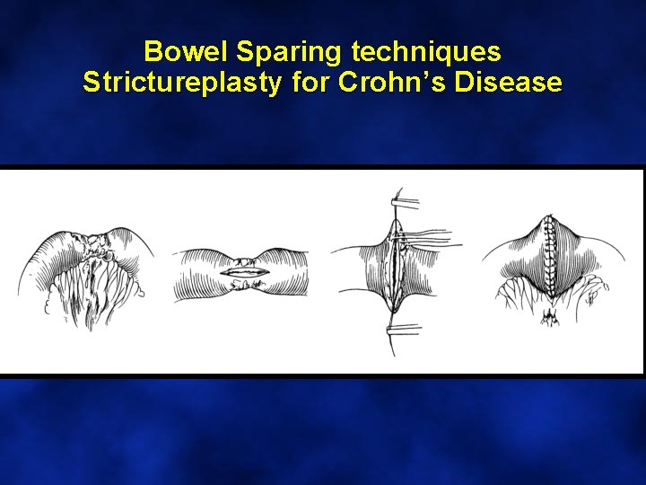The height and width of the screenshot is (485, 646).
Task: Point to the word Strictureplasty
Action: click(181, 83)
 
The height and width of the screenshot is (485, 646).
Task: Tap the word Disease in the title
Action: click(509, 83)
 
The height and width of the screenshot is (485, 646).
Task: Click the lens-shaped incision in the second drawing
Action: click(240, 269)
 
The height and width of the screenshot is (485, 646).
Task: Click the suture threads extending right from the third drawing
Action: click(435, 238)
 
